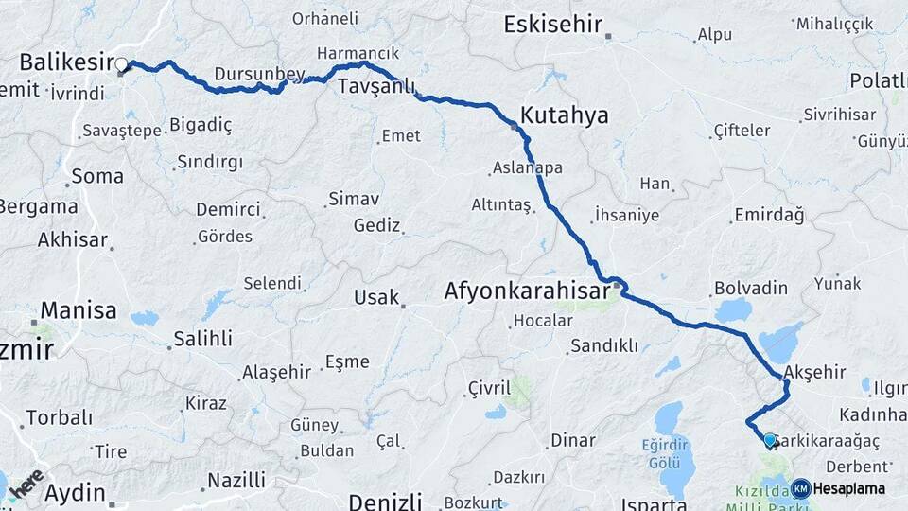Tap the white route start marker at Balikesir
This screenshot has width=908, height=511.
pyautogui.click(x=121, y=66)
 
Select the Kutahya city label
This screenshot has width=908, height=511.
pyautogui.click(x=565, y=115)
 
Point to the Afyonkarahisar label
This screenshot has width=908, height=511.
pyautogui.click(x=527, y=292)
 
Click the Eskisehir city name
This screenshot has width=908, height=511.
pyautogui.click(x=552, y=25)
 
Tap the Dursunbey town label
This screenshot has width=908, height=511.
pyautogui.click(x=246, y=74)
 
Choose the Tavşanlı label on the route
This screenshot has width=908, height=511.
pyautogui.click(x=377, y=88)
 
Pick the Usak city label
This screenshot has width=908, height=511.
pyautogui.click(x=376, y=297)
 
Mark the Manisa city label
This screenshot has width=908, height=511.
pyautogui.click(x=78, y=309)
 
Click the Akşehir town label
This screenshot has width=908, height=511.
pyautogui.click(x=815, y=372)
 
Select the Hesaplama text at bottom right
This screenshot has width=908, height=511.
pyautogui.click(x=849, y=489)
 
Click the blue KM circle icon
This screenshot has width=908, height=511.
pyautogui.click(x=800, y=488)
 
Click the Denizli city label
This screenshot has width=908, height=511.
pyautogui.click(x=383, y=501)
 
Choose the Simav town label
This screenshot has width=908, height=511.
pyautogui.click(x=353, y=200)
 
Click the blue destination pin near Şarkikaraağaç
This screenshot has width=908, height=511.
pyautogui.click(x=770, y=440)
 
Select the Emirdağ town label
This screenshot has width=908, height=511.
pyautogui.click(x=768, y=216)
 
